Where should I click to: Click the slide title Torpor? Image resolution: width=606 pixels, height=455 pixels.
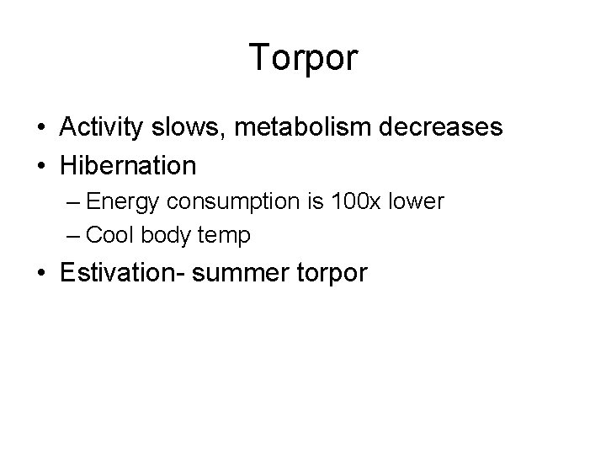[x=304, y=59]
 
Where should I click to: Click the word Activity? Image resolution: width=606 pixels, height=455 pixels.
[x=101, y=128]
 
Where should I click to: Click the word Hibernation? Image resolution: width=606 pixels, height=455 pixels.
[x=128, y=164]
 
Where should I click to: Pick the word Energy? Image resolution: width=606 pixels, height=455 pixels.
[x=122, y=203]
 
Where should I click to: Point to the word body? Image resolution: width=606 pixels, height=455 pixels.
[x=168, y=237]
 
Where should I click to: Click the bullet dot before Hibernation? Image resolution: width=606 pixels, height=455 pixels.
[x=41, y=165]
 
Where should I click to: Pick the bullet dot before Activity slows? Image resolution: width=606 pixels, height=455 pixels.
[x=41, y=129]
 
